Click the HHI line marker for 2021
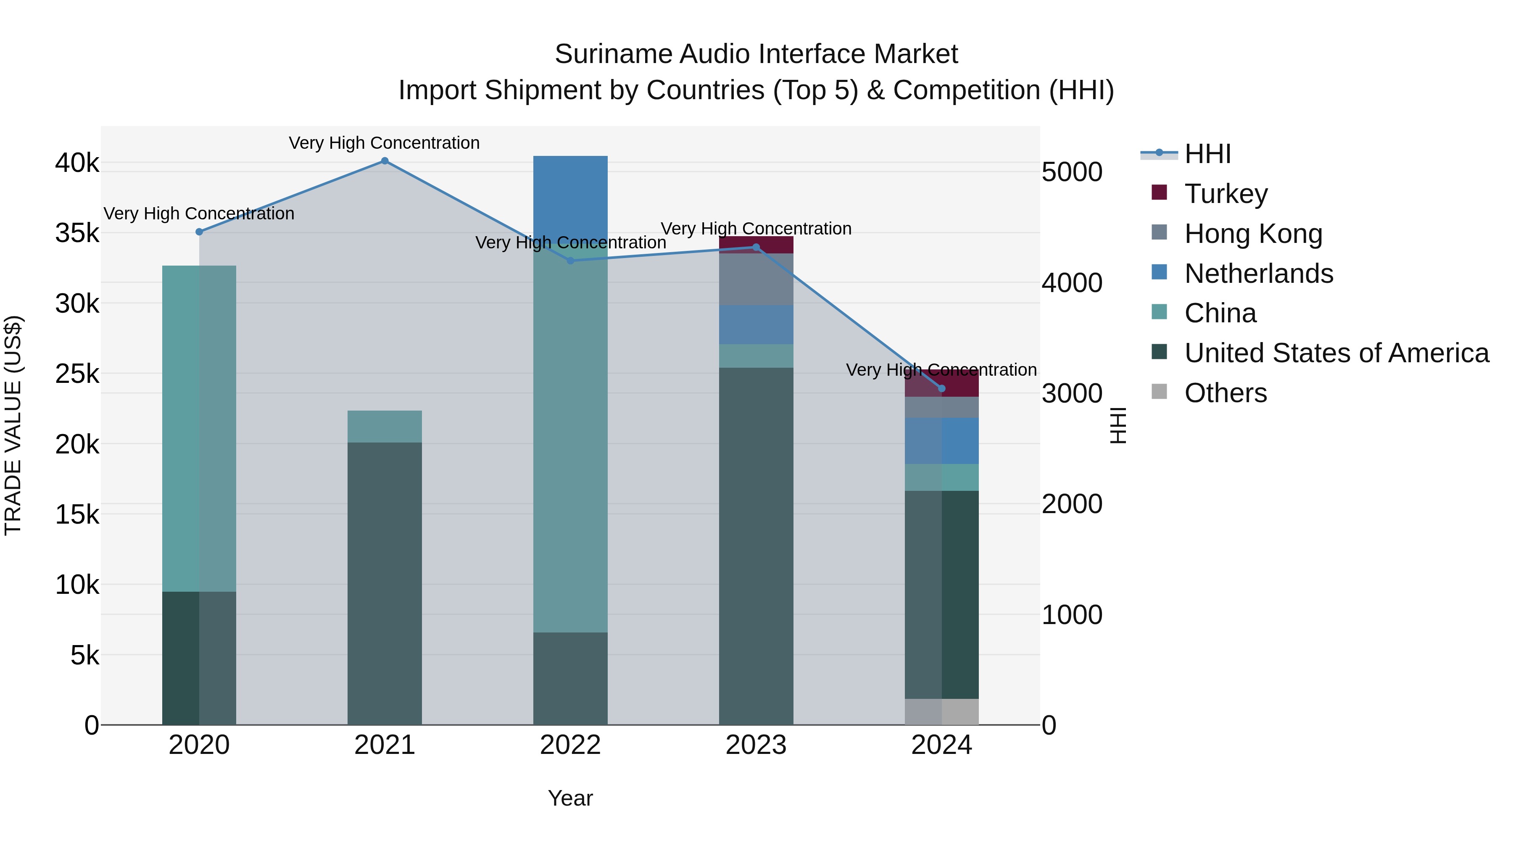click(x=385, y=161)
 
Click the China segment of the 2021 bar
click(x=385, y=427)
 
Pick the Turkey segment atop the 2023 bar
click(x=756, y=244)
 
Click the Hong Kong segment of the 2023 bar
click(x=756, y=279)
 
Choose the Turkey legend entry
click(x=1226, y=193)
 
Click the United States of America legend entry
click(x=1336, y=353)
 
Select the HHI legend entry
click(x=1207, y=154)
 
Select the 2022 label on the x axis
click(x=570, y=745)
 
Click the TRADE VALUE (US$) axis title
click(x=13, y=425)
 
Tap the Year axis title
click(x=570, y=798)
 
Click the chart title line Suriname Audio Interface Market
click(x=756, y=54)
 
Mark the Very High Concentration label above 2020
click(x=199, y=214)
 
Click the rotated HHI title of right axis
click(x=1118, y=425)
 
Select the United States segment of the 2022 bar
click(x=570, y=678)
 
